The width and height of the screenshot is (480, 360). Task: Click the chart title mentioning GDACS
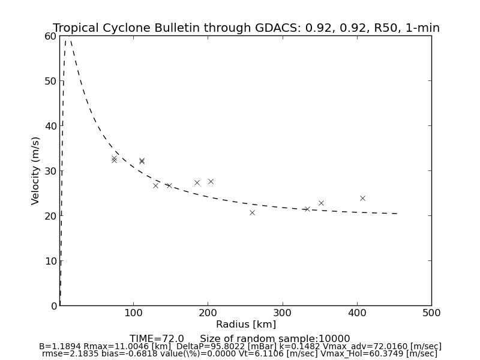point(246,28)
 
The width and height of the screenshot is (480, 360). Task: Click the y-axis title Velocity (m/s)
point(36,170)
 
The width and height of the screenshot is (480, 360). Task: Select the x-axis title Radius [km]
point(246,325)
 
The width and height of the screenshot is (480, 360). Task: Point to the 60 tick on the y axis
point(50,36)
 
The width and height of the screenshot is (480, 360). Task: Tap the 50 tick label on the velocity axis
point(50,81)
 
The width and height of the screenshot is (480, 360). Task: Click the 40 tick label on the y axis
point(50,126)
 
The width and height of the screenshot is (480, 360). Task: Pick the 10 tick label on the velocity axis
point(50,261)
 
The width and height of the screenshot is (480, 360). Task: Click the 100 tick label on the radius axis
point(133,313)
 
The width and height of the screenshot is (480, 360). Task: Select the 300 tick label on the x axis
point(282,313)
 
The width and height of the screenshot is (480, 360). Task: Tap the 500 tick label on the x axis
point(431,313)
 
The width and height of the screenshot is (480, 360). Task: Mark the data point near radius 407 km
point(362,198)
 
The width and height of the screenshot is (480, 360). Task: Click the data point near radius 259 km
point(252,212)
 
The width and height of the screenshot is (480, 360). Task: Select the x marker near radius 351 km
point(321,203)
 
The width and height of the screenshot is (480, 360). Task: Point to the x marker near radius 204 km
point(211,181)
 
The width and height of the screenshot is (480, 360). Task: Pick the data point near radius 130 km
point(155,185)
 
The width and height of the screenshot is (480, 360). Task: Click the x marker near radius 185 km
point(197,182)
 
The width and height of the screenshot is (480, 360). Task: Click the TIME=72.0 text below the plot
point(157,339)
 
